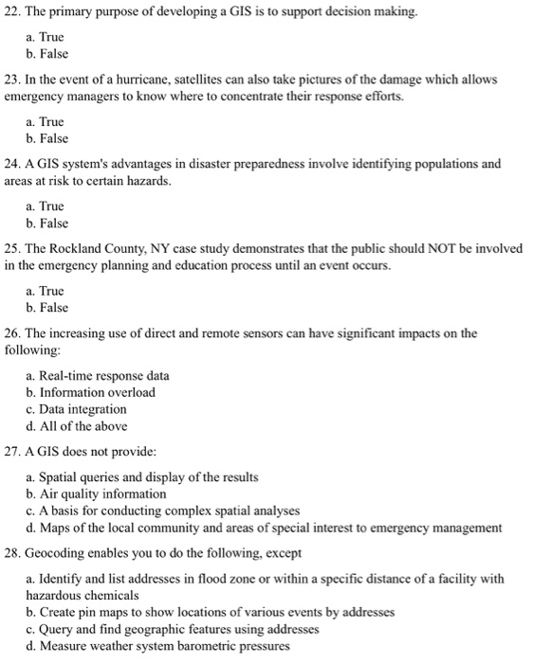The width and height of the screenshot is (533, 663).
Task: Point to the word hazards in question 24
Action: [x=146, y=180]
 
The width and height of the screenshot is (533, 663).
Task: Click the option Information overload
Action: [x=96, y=392]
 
